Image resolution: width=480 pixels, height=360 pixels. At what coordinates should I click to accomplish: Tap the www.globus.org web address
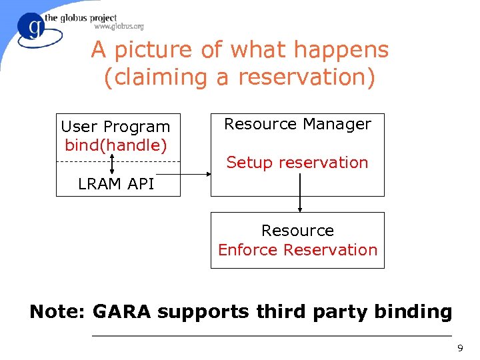(x=119, y=27)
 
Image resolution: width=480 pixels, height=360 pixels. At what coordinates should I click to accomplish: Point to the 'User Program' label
(x=115, y=127)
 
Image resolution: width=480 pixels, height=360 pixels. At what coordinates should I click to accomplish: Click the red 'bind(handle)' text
(x=115, y=145)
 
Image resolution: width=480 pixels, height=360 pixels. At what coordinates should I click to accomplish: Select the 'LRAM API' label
(x=116, y=184)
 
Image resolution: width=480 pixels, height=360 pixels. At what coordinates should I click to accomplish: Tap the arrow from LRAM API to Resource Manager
(x=195, y=175)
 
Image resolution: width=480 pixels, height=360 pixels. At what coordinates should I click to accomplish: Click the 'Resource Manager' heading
(x=297, y=124)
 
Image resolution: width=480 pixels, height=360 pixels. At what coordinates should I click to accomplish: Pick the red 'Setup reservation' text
(x=297, y=163)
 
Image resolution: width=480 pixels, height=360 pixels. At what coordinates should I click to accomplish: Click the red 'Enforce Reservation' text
(x=297, y=250)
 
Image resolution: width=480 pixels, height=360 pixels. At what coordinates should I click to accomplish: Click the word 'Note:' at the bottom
(x=58, y=311)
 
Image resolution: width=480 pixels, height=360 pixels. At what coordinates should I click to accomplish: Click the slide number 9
(x=459, y=349)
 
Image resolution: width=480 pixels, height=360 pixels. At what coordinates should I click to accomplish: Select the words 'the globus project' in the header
(x=81, y=18)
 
